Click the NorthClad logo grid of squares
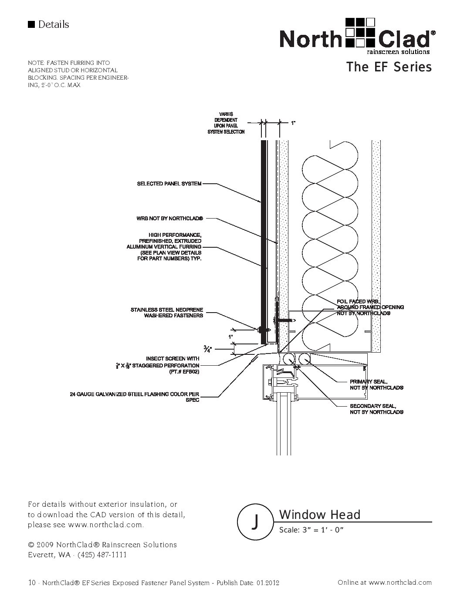(x=360, y=33)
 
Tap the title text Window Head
(x=320, y=515)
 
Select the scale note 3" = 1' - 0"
(x=323, y=530)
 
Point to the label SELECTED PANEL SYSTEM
(x=169, y=184)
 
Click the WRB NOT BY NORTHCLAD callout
(x=169, y=219)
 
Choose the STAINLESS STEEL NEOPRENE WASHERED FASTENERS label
(x=167, y=313)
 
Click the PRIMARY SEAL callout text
(x=376, y=385)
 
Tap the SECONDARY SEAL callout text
(x=376, y=409)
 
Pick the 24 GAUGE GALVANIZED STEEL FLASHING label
(x=135, y=397)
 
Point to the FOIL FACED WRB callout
(x=370, y=307)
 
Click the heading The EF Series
(x=389, y=67)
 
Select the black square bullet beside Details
(x=31, y=24)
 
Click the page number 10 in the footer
(x=32, y=583)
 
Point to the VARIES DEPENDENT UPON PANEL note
(x=226, y=123)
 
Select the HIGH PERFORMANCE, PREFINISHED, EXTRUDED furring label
(x=164, y=246)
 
